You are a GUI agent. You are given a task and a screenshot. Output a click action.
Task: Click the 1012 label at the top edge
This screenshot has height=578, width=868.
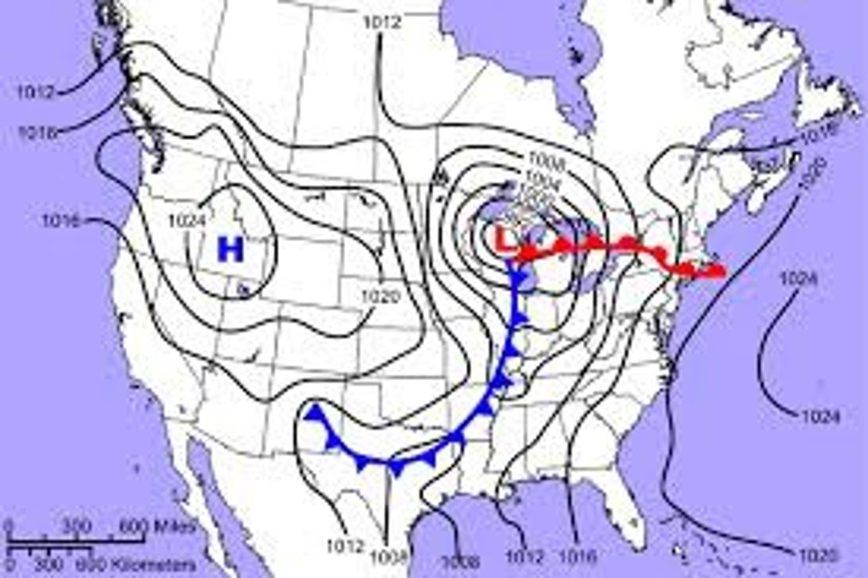382,23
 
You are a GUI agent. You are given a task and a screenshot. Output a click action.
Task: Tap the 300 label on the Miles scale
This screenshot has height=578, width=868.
76,526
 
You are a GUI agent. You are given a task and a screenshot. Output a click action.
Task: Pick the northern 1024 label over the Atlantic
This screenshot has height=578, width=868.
799,278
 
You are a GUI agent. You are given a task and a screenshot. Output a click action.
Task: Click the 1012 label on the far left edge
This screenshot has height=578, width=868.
36,93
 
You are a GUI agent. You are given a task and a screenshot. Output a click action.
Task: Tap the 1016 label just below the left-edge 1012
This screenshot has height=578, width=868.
37,132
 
